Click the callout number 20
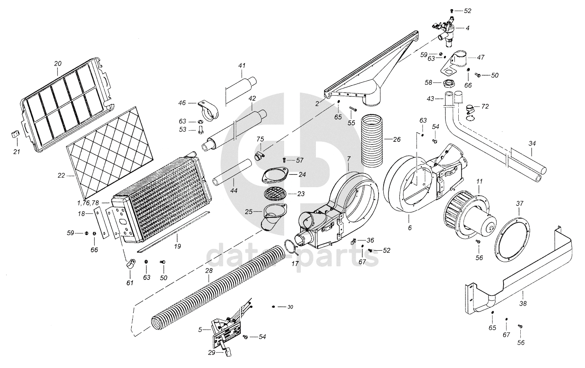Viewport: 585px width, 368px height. (x=58, y=63)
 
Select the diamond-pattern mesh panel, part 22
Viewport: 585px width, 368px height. (x=109, y=152)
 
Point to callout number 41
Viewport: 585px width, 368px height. (x=242, y=66)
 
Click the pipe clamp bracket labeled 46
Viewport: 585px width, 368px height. (x=209, y=108)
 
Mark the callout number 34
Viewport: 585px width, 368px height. (x=532, y=143)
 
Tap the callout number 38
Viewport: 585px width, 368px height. (x=523, y=304)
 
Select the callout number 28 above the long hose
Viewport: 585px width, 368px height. (x=209, y=270)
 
